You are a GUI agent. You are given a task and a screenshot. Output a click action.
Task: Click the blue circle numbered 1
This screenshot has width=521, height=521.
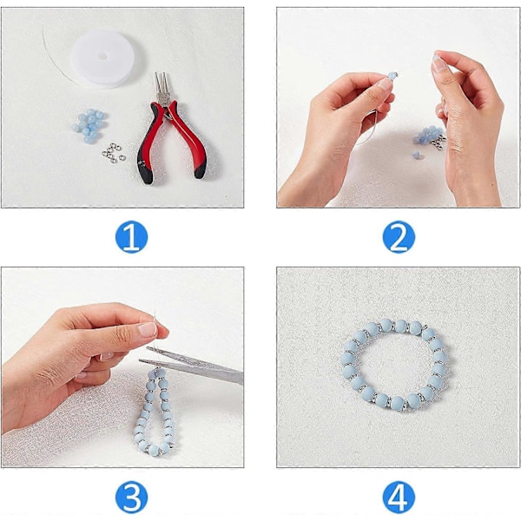pyautogui.click(x=131, y=236)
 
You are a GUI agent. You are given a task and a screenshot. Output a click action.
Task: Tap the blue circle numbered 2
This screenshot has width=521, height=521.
pyautogui.click(x=399, y=236)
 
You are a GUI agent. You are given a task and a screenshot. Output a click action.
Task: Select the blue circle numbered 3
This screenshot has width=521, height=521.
pyautogui.click(x=131, y=498)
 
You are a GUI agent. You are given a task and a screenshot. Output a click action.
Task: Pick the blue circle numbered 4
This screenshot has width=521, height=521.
pyautogui.click(x=399, y=498)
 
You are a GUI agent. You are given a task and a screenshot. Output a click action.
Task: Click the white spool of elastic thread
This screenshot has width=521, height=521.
pyautogui.click(x=103, y=59)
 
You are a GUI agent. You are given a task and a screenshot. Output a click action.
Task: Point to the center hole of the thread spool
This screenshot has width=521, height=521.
pyautogui.click(x=103, y=56)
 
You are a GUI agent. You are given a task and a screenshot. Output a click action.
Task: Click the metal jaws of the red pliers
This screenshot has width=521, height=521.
pyautogui.click(x=162, y=87)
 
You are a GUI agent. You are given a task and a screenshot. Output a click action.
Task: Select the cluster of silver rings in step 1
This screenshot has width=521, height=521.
pyautogui.click(x=114, y=153)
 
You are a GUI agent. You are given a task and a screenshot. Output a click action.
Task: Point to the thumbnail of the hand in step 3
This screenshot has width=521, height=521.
pyautogui.click(x=148, y=329)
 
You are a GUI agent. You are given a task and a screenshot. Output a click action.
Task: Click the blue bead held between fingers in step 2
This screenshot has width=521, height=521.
pyautogui.click(x=392, y=75)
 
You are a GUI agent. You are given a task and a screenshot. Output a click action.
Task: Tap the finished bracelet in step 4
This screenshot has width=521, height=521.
pyautogui.click(x=394, y=366)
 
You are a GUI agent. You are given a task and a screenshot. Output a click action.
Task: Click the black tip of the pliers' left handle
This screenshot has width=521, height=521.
pyautogui.click(x=146, y=174)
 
